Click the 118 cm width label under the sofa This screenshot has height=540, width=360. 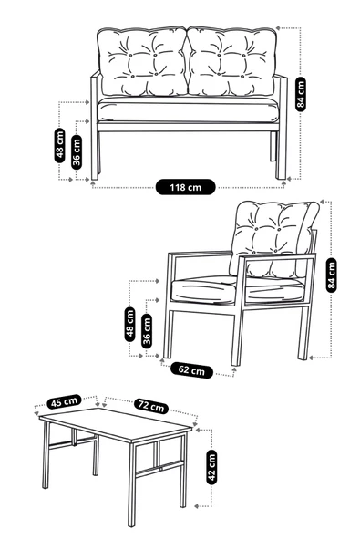[186, 187]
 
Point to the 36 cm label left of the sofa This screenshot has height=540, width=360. [77, 151]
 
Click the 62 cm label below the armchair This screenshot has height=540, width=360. [191, 370]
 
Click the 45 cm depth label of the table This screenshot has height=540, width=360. [64, 402]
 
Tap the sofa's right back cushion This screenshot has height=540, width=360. [232, 62]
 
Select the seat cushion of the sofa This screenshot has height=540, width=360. [187, 111]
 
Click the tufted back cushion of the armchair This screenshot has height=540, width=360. [271, 229]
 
